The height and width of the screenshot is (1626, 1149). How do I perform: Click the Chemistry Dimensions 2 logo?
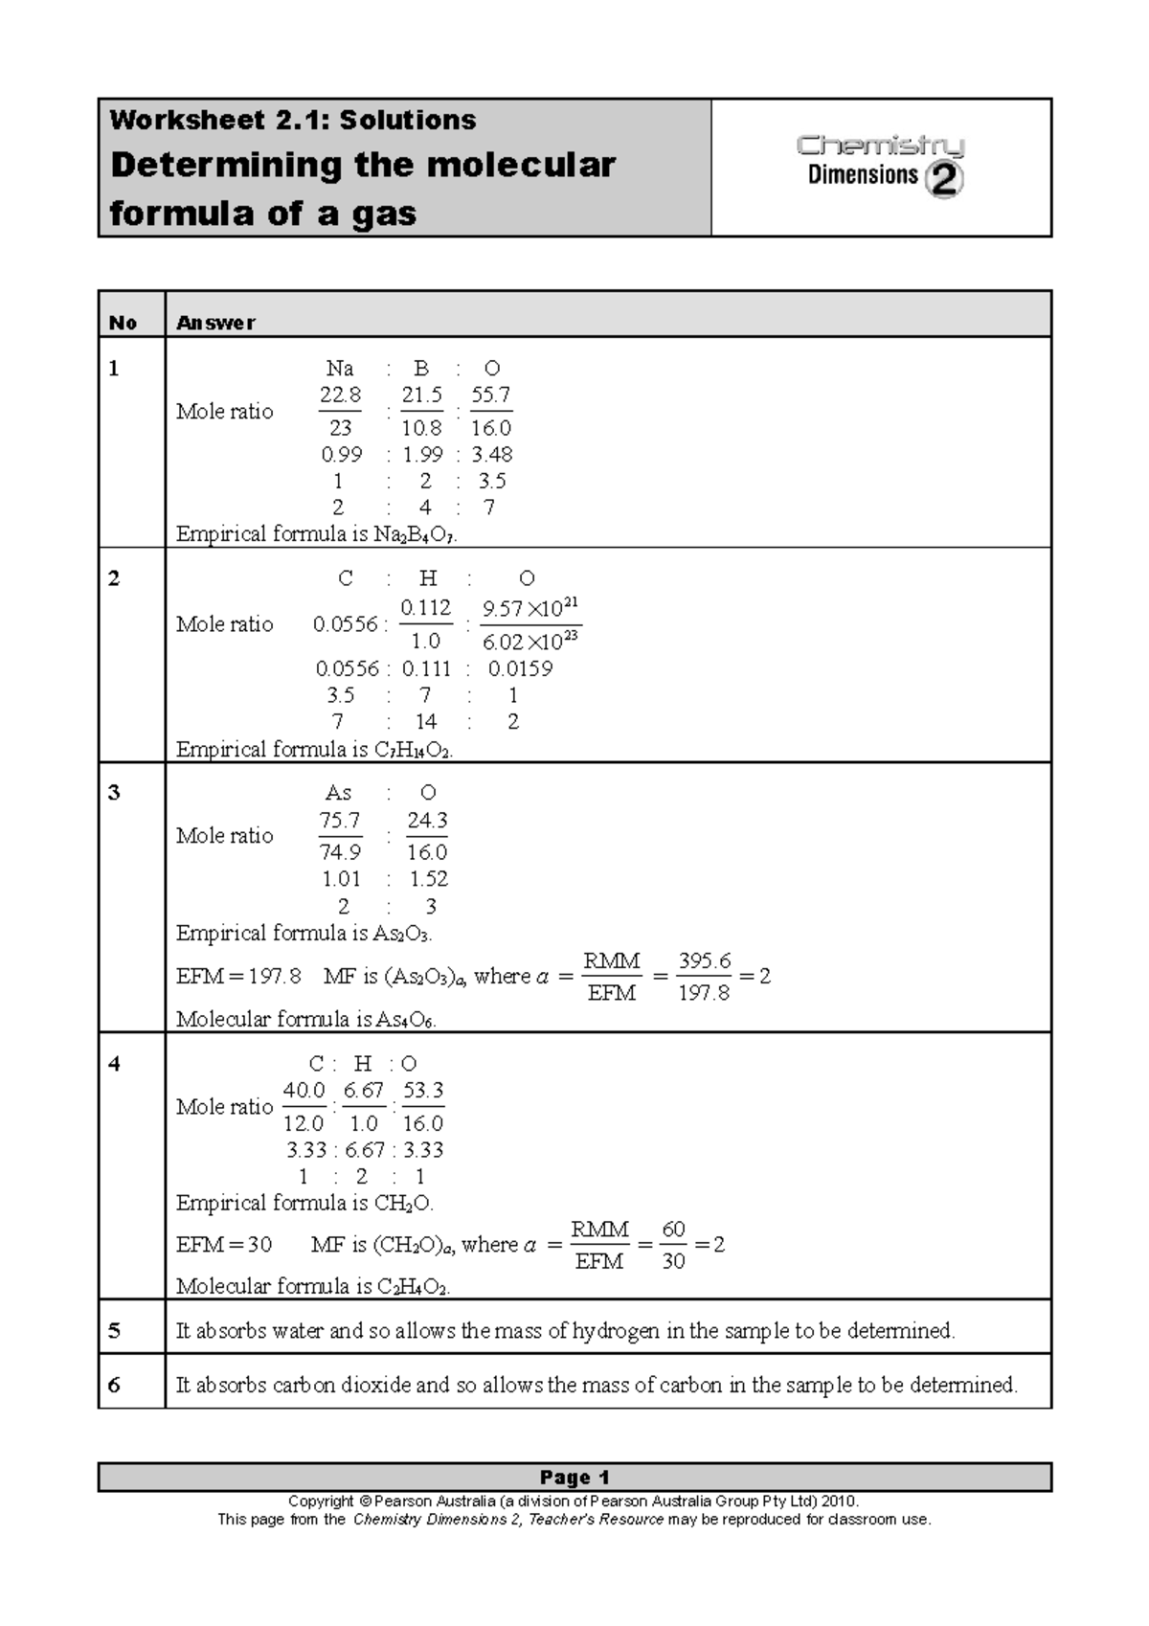[x=880, y=165]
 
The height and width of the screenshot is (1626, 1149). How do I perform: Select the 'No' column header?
[x=123, y=323]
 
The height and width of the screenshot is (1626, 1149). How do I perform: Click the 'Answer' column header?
[x=215, y=323]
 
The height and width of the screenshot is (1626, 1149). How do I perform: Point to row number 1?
[x=114, y=369]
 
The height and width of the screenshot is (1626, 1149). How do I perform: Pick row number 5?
[x=114, y=1330]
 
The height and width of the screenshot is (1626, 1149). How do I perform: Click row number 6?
[x=114, y=1385]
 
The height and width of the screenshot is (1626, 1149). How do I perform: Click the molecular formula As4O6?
[x=405, y=1020]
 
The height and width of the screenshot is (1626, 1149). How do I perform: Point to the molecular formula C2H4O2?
[x=412, y=1287]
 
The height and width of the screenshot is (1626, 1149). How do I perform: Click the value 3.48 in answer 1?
[x=492, y=455]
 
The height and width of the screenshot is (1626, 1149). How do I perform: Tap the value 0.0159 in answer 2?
[x=520, y=668]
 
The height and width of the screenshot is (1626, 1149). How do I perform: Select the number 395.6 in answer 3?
[x=705, y=960]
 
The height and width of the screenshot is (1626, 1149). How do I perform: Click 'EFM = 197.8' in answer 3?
[x=238, y=977]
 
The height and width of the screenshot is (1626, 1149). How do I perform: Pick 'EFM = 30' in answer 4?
[x=224, y=1245]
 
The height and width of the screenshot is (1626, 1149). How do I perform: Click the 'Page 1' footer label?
[x=574, y=1477]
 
